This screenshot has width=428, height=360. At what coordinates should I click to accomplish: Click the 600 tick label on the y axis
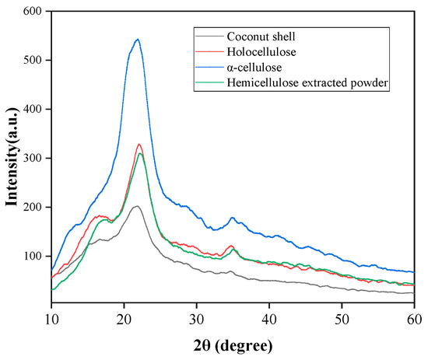[x=30, y=12]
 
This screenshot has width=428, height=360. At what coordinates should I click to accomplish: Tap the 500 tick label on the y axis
[x=30, y=61]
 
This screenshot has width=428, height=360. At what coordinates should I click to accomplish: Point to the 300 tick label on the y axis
[x=30, y=158]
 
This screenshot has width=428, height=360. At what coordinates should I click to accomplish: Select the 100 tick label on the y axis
[x=30, y=256]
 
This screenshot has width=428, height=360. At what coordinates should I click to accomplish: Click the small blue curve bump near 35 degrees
[x=233, y=218]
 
